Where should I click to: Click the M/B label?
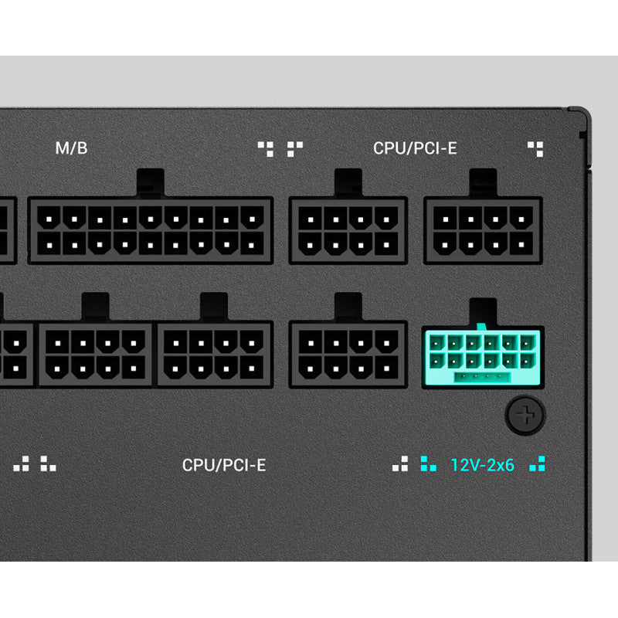(71, 148)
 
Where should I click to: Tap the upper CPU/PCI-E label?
(415, 148)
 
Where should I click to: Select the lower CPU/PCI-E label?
(224, 465)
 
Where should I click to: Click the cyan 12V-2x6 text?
(482, 465)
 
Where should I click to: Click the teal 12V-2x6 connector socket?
(483, 357)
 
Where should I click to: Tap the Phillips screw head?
(525, 415)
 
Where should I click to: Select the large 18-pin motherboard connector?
(151, 230)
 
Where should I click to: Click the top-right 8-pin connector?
(483, 230)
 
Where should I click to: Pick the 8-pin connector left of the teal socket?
(348, 354)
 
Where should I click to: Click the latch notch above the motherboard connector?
(151, 183)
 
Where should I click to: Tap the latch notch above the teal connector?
(483, 312)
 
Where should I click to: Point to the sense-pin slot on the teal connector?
(482, 377)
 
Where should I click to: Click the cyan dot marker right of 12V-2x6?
(537, 463)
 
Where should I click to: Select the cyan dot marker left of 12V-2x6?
(429, 463)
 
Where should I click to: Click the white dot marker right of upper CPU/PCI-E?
(535, 149)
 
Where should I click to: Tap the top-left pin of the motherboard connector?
(49, 219)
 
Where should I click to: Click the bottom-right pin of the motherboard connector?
(252, 245)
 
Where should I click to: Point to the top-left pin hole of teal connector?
(436, 343)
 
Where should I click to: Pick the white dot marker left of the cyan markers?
(400, 463)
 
